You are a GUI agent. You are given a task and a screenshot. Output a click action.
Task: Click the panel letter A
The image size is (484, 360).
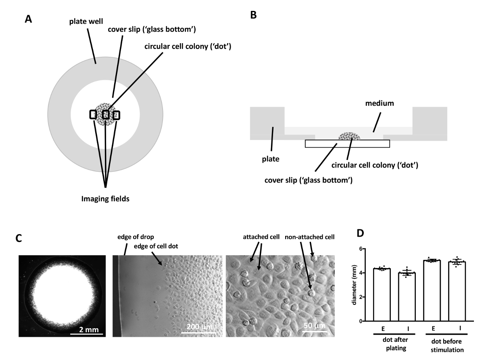[x=28, y=19]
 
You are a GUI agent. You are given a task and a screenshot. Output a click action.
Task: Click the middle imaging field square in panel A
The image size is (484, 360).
[x=106, y=115]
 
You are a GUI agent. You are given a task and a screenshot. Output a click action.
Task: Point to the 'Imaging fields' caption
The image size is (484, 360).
[x=106, y=198]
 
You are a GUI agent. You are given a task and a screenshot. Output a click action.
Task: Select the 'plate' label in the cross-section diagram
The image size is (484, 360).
[x=270, y=159]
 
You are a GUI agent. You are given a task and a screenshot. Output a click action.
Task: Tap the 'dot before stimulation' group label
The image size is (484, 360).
[x=445, y=346]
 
